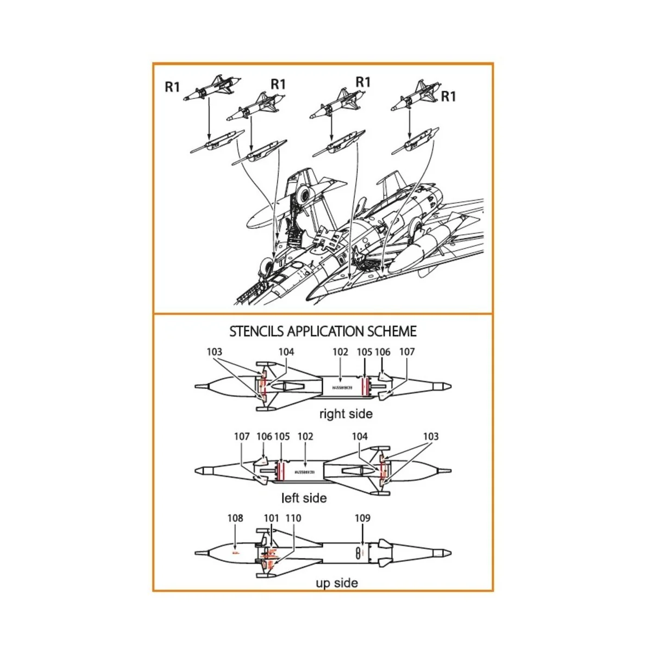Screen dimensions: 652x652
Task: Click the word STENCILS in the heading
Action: coord(256,331)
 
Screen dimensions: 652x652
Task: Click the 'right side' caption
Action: coord(346,414)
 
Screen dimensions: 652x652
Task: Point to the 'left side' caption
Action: coord(304,498)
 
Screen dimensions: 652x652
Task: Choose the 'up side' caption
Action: coord(337,583)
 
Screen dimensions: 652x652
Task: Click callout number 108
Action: coord(235,518)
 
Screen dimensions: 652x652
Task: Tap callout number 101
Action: coord(271,518)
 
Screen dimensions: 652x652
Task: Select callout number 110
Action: coord(293,518)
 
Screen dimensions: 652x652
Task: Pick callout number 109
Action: coord(362,518)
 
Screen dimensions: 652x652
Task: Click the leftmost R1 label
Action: coord(172,87)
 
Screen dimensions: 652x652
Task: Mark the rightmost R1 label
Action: coord(448,97)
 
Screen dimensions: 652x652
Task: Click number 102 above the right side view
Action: coord(340,352)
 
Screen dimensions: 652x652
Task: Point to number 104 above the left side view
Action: coord(360,436)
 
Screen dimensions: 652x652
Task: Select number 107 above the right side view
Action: coord(407,352)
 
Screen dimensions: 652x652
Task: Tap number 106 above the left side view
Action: coord(264,436)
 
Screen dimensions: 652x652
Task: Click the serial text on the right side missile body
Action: coord(342,388)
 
